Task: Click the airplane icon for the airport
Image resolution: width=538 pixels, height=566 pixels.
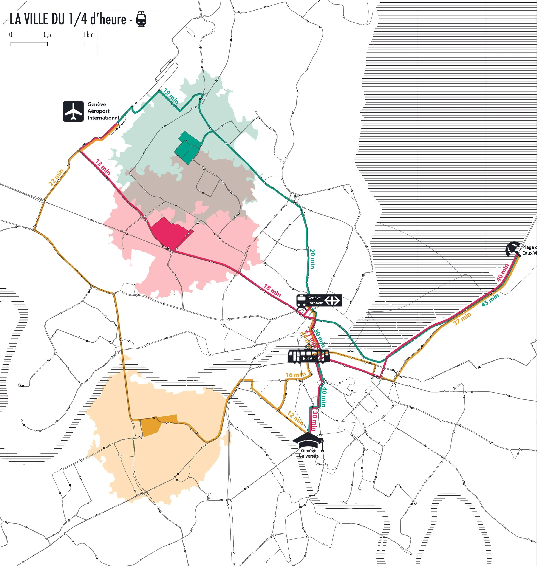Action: [x=73, y=111]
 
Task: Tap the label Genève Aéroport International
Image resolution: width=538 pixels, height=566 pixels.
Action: [x=103, y=111]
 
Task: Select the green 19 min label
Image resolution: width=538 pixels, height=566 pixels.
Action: [x=171, y=96]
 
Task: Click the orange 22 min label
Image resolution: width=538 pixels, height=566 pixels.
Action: [x=56, y=178]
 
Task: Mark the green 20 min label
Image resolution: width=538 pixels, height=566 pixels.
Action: [x=312, y=259]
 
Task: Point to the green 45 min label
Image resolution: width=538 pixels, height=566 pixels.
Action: [x=490, y=300]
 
